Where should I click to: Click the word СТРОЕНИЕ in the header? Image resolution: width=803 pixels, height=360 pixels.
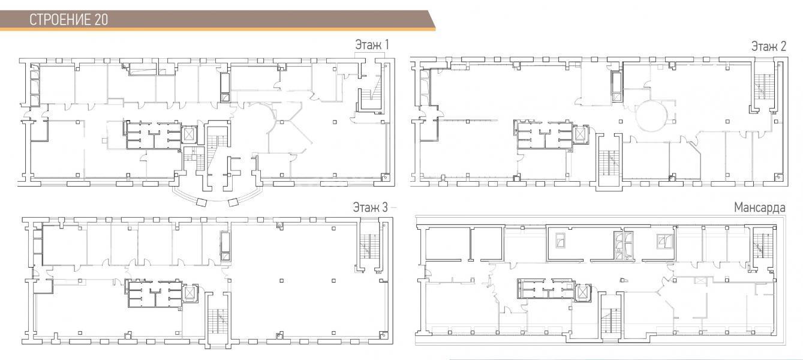pos(61,20)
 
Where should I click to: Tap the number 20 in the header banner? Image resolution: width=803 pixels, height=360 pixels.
pos(101,20)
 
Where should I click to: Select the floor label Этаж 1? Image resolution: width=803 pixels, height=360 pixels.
pos(372,45)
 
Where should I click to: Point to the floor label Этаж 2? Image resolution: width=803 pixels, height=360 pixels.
pos(769,46)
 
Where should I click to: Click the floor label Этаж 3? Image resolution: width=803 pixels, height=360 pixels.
pos(370,207)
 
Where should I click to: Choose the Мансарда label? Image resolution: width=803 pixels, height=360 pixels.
pos(760,207)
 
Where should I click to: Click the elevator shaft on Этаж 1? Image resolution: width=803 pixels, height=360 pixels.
pos(189,135)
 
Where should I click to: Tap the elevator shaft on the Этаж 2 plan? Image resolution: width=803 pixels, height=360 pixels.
pos(580,134)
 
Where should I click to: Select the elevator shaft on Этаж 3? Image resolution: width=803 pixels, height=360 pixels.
pos(190,293)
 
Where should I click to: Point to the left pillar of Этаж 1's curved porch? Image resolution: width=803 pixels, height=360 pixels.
pos(202,202)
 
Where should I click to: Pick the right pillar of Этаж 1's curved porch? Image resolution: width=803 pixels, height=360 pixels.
pos(233,202)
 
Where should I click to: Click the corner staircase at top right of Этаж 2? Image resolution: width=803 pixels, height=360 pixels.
pos(764,88)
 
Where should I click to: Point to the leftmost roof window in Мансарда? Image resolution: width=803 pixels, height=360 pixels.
pos(560,240)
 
